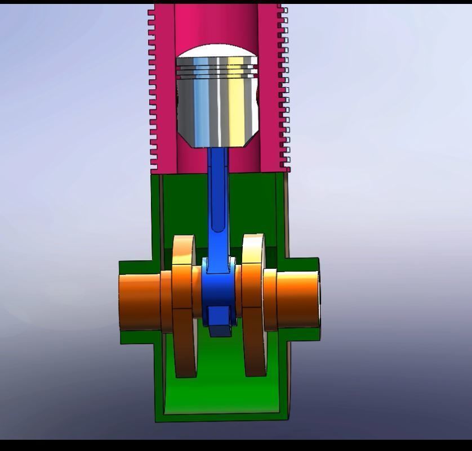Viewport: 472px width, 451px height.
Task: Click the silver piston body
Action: (x=217, y=112)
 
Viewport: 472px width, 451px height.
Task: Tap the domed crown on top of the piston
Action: (x=217, y=52)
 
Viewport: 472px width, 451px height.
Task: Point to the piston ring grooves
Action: (x=217, y=70)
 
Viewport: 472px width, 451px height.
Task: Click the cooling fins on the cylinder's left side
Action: (x=152, y=90)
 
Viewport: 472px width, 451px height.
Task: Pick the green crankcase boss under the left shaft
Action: (x=138, y=337)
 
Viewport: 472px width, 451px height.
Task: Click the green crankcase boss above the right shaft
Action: (x=301, y=264)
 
